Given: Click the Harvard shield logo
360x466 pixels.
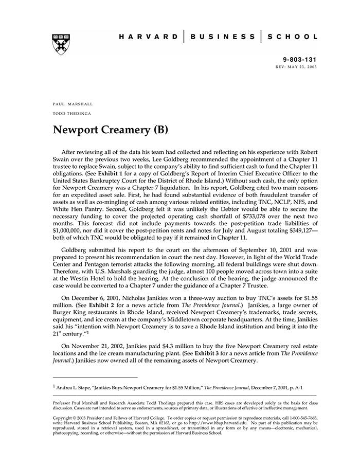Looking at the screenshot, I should click(61, 44).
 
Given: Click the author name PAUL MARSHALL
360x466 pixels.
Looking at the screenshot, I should click(73, 104).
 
